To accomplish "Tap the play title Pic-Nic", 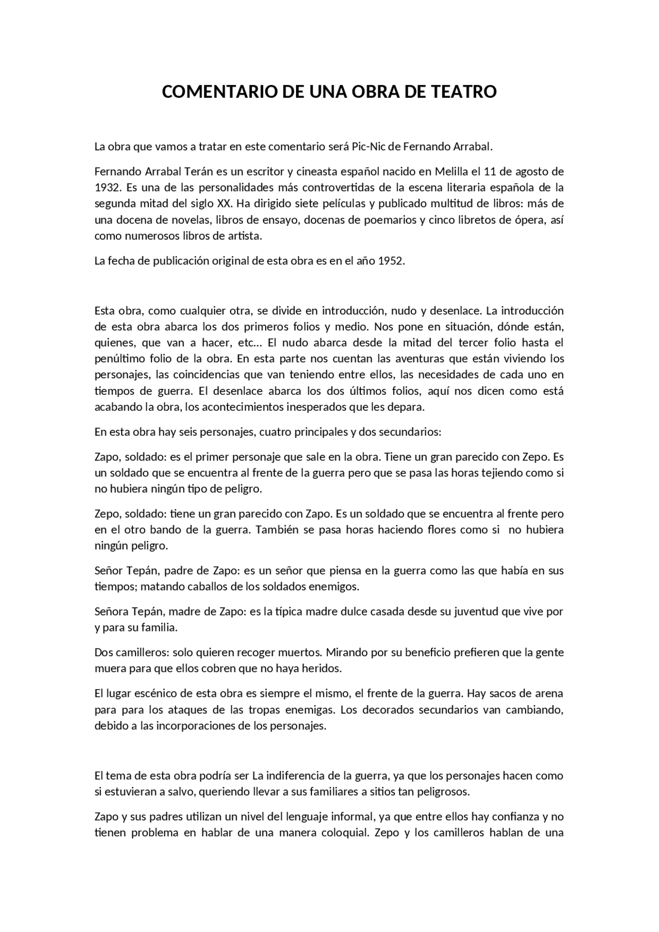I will click(368, 147).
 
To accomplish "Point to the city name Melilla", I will click(452, 171).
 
